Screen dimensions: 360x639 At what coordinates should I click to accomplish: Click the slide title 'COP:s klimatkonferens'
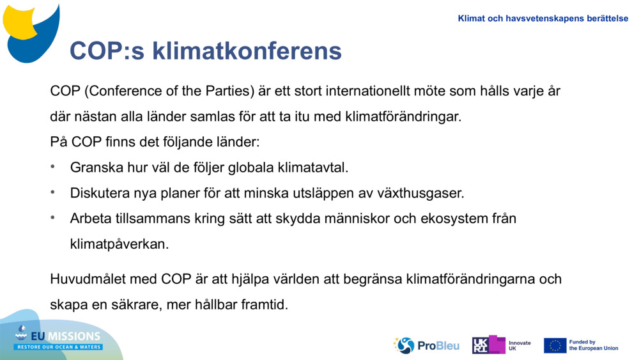[205, 51]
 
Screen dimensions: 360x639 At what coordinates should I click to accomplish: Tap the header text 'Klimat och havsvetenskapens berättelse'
[543, 19]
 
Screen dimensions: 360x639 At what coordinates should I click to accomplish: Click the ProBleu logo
[426, 345]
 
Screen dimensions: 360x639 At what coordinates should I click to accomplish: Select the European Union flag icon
[555, 345]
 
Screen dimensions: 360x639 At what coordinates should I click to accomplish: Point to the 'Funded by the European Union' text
[593, 345]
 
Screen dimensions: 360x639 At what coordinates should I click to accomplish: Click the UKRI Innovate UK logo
[501, 345]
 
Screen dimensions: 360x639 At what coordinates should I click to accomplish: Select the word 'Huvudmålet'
[89, 279]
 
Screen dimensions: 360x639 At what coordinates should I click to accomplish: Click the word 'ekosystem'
[451, 219]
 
